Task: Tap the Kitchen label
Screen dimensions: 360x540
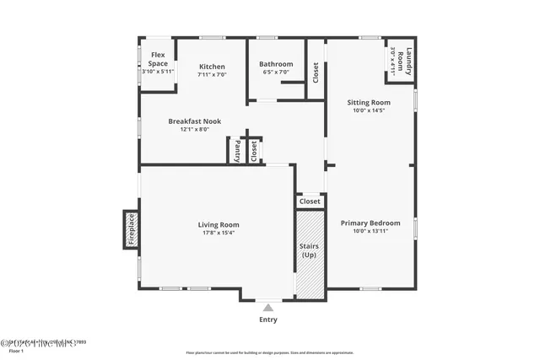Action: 212,67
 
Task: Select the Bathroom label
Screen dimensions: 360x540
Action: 276,64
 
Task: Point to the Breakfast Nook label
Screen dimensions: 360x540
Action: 194,121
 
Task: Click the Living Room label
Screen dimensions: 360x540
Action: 219,225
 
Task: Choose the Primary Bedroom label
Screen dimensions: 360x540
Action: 370,223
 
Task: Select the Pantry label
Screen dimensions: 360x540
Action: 237,151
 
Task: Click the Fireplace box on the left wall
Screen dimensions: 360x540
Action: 131,229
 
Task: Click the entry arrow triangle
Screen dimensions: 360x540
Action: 268,309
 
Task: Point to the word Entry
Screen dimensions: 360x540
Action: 268,320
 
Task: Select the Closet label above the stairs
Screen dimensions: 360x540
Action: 310,201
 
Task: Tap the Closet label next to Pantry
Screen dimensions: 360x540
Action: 253,150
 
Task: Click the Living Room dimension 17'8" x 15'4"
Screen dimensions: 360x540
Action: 219,234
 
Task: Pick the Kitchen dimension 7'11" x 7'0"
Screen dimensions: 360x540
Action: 212,75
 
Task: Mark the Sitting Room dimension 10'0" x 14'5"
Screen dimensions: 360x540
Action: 369,110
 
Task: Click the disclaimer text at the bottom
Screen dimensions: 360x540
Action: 270,352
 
